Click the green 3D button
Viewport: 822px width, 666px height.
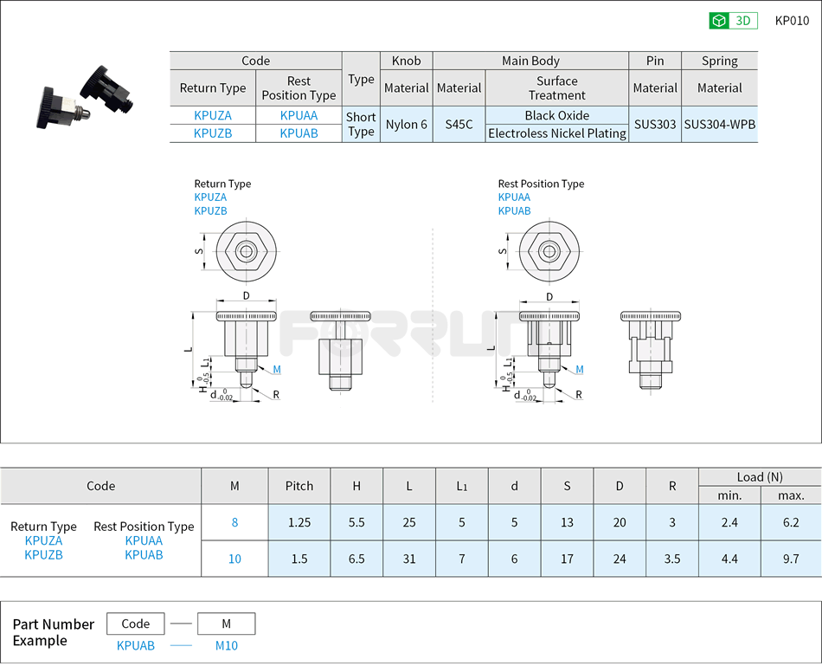pyautogui.click(x=733, y=21)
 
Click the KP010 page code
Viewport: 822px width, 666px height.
pyautogui.click(x=792, y=21)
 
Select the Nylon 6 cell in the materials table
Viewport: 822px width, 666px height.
pyautogui.click(x=406, y=124)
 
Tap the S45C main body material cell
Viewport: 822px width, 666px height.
pyautogui.click(x=459, y=124)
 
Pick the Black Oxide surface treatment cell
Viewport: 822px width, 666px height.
pyautogui.click(x=556, y=115)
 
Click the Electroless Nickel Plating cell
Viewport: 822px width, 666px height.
pyautogui.click(x=556, y=133)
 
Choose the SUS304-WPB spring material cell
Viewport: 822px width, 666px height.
pyautogui.click(x=719, y=124)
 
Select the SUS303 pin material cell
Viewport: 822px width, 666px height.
pyautogui.click(x=654, y=124)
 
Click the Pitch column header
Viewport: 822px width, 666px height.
pyautogui.click(x=299, y=486)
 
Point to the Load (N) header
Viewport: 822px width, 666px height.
pyautogui.click(x=759, y=476)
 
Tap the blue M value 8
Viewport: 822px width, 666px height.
pyautogui.click(x=234, y=522)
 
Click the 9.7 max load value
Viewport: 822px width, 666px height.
pyautogui.click(x=790, y=559)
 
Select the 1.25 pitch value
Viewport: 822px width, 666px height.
pyautogui.click(x=299, y=522)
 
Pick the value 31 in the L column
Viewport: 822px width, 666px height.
pyautogui.click(x=409, y=559)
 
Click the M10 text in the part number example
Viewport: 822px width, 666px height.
pyautogui.click(x=226, y=645)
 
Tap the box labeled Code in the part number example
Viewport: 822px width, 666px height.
pyautogui.click(x=136, y=624)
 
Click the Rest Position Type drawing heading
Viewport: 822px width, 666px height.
pyautogui.click(x=541, y=184)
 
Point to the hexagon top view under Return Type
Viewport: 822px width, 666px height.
pyautogui.click(x=246, y=252)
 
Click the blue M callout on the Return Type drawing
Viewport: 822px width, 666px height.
pyautogui.click(x=277, y=370)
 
